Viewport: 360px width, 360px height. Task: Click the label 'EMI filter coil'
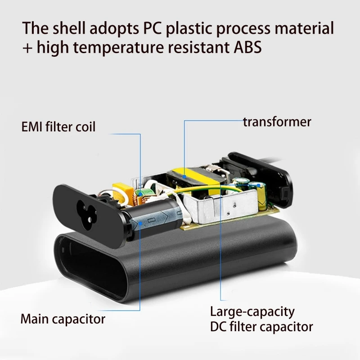[58, 127]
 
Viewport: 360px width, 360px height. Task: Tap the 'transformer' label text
[277, 121]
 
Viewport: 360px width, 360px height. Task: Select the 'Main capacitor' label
[63, 319]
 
